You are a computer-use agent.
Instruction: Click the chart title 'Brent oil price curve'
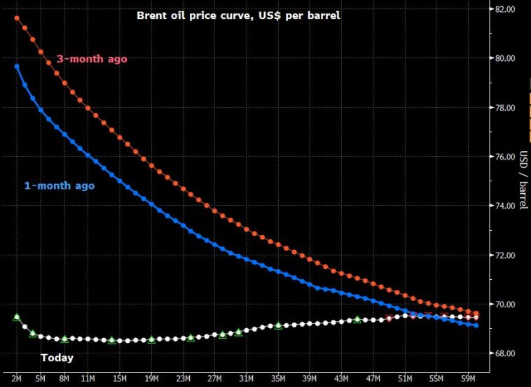tap(238, 15)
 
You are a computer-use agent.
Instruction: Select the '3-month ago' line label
tap(92, 59)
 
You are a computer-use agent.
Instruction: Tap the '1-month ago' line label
tap(60, 185)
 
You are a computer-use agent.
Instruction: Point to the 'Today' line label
tap(57, 358)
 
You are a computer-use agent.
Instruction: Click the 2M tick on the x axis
tap(17, 378)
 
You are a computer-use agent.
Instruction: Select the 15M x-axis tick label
tap(120, 378)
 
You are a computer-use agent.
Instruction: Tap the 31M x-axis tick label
tap(246, 378)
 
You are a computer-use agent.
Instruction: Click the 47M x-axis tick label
tap(373, 378)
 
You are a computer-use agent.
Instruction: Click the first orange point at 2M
tap(17, 18)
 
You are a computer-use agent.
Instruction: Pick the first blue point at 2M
tap(17, 66)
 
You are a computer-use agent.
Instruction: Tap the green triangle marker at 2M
tap(17, 317)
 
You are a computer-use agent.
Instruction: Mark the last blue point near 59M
tap(476, 325)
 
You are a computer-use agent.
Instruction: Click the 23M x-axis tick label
tap(183, 378)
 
